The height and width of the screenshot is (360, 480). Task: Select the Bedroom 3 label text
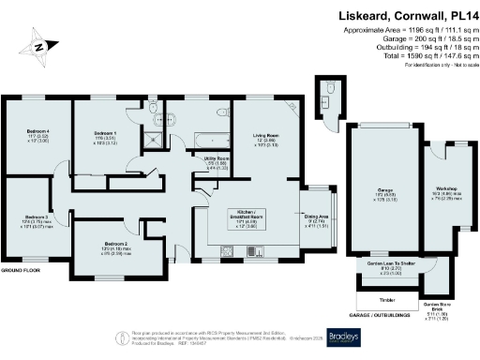point(37,217)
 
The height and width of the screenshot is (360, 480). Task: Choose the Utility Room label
point(217,161)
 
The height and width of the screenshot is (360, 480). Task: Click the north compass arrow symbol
point(37,45)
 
